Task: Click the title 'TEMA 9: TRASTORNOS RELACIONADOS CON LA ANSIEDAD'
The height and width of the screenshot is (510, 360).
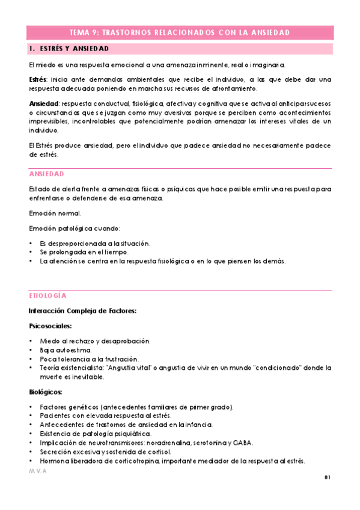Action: [x=180, y=32]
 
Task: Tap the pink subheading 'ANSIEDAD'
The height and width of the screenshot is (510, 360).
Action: [x=46, y=174]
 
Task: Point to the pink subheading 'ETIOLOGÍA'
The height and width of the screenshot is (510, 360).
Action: [x=47, y=296]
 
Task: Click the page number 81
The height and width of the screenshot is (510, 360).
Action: [x=328, y=478]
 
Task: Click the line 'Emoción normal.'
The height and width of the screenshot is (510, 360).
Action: [x=54, y=214]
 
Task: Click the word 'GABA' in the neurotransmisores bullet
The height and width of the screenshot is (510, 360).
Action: [x=243, y=443]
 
